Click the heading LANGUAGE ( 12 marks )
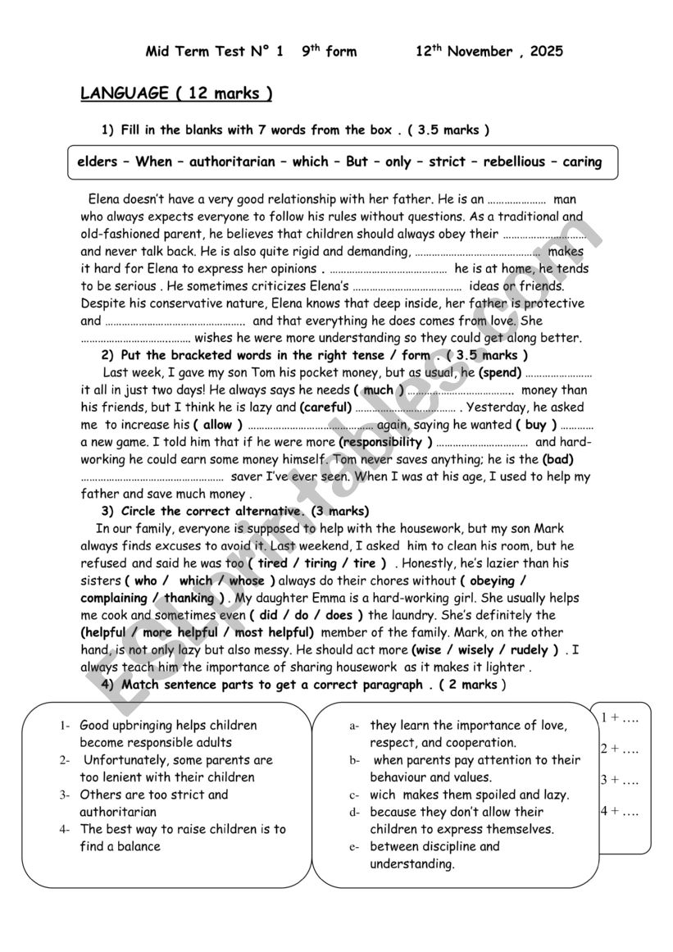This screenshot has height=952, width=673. click(176, 93)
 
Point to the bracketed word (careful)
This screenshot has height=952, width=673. click(325, 407)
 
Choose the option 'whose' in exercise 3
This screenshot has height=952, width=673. click(247, 581)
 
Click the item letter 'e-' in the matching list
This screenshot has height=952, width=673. click(355, 847)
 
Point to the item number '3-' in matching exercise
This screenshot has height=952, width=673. click(65, 795)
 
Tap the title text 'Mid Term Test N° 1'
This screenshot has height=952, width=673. click(214, 52)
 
